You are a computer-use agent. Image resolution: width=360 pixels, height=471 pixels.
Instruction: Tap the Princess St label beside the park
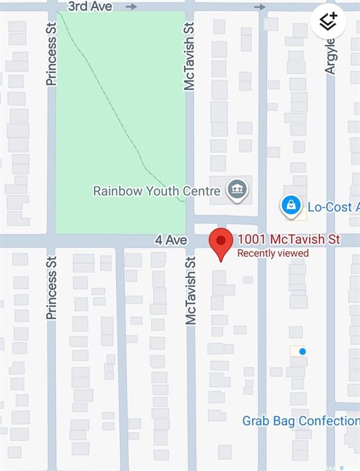click(x=52, y=54)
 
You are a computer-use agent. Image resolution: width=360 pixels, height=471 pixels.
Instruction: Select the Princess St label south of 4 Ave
click(x=52, y=287)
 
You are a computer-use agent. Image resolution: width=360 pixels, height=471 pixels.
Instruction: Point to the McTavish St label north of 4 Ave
click(x=189, y=56)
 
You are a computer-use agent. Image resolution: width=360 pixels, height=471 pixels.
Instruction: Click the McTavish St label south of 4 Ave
click(x=190, y=290)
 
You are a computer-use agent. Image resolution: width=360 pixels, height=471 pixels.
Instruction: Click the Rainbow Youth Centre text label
click(x=156, y=191)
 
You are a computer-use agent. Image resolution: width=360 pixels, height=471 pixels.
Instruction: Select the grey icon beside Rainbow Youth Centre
click(x=237, y=190)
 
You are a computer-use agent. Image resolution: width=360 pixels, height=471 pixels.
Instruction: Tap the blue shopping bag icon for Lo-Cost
click(x=291, y=206)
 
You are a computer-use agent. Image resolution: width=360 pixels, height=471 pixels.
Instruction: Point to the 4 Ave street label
click(x=171, y=240)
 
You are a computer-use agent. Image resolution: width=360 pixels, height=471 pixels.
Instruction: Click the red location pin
click(x=221, y=242)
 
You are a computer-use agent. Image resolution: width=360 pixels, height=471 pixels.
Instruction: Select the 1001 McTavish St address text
click(x=289, y=239)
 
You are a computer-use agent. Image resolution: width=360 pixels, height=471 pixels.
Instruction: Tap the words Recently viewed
click(x=273, y=253)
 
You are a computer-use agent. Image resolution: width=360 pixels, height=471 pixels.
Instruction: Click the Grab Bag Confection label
click(x=300, y=421)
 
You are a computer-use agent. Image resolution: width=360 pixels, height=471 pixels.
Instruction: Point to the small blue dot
click(x=302, y=351)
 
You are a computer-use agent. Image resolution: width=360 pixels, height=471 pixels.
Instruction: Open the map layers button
click(x=328, y=22)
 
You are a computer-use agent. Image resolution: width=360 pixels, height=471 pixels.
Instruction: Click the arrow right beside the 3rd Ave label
click(x=131, y=7)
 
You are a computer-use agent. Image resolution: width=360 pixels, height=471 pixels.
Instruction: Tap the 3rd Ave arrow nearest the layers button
click(x=260, y=7)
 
